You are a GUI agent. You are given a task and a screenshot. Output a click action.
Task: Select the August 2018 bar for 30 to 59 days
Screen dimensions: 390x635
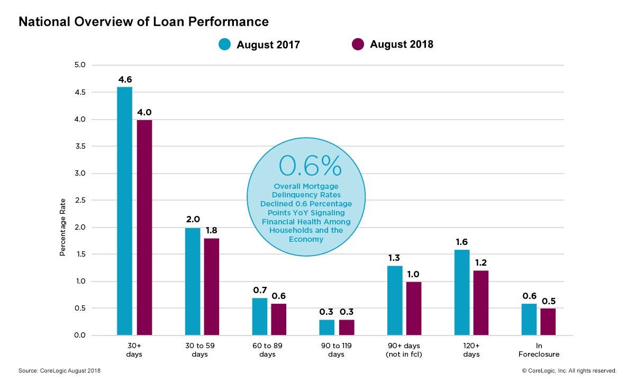click(x=212, y=286)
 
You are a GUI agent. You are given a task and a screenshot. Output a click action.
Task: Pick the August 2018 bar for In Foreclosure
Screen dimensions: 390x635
click(x=548, y=322)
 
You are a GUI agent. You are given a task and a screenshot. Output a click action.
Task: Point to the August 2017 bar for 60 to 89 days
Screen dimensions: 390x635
click(x=259, y=316)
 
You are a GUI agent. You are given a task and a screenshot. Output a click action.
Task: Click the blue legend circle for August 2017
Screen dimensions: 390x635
click(x=225, y=44)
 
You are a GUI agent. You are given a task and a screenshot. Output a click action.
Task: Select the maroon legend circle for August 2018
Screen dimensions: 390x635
click(x=358, y=44)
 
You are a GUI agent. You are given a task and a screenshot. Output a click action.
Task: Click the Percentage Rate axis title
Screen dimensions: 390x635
click(x=62, y=227)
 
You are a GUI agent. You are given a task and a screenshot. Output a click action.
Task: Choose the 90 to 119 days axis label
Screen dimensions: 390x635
click(x=337, y=350)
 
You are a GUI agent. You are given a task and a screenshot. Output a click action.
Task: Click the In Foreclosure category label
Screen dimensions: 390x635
click(x=540, y=350)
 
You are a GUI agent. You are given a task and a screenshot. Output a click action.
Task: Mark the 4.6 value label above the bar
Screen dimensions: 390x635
click(x=125, y=79)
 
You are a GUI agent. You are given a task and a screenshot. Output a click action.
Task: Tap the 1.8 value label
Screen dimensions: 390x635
click(x=212, y=231)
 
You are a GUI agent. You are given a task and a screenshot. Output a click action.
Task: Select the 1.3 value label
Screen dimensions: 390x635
click(x=395, y=258)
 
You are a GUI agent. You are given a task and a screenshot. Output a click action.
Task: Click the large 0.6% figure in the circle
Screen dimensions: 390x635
click(x=310, y=166)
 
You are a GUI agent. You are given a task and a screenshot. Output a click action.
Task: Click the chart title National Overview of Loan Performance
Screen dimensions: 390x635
click(x=143, y=22)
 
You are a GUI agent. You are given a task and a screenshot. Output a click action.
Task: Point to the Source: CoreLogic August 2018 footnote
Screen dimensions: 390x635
click(x=59, y=371)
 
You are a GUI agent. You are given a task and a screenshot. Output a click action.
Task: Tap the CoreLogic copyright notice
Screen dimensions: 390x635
click(x=569, y=371)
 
